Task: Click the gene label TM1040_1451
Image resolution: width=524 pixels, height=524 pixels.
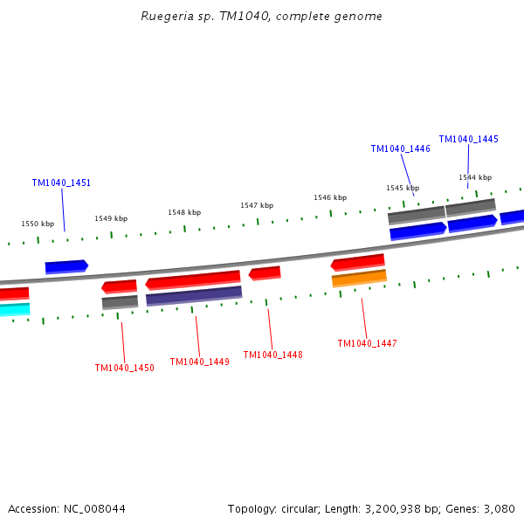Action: coord(61,183)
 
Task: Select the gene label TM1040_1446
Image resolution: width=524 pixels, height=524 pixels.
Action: coord(400,149)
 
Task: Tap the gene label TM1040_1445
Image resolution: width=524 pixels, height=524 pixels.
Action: coord(468,140)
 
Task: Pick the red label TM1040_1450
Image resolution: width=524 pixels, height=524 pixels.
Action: coord(124,369)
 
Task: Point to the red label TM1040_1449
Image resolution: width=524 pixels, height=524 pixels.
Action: coord(199,362)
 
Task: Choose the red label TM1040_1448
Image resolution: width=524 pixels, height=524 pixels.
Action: coord(272,355)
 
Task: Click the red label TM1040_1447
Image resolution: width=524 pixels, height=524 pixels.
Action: coord(367,344)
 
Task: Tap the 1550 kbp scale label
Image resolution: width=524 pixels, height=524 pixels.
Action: coord(38,224)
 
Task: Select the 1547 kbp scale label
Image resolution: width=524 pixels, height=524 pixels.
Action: coord(257,206)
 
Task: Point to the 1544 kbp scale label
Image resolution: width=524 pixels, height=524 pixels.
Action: coord(475,178)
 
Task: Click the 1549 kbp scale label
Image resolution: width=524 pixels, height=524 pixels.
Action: coord(111,219)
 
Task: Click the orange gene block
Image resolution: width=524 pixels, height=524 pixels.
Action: coord(359,279)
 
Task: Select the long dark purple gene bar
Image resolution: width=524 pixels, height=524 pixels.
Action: coord(194,296)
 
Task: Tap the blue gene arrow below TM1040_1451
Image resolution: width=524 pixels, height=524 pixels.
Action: coord(66,266)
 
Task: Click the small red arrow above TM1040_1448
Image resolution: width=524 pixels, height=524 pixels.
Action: coord(265,273)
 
